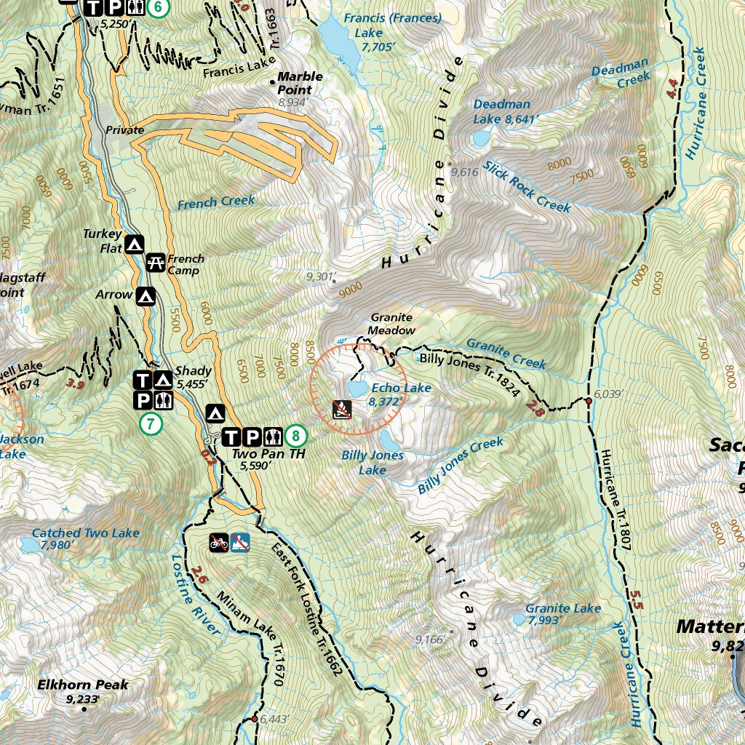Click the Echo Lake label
click(x=401, y=389)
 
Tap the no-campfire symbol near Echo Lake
click(x=342, y=410)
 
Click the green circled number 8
click(x=295, y=437)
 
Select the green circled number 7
click(x=151, y=423)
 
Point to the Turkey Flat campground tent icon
click(x=134, y=245)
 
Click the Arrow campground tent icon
click(x=146, y=296)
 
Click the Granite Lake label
click(x=563, y=608)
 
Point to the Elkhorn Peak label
click(x=83, y=685)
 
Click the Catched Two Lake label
click(x=85, y=533)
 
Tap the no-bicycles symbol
click(x=219, y=541)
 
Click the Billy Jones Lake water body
click(x=389, y=439)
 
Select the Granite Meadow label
click(x=391, y=324)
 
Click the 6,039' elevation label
click(x=610, y=394)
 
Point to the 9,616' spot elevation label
click(x=464, y=172)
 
